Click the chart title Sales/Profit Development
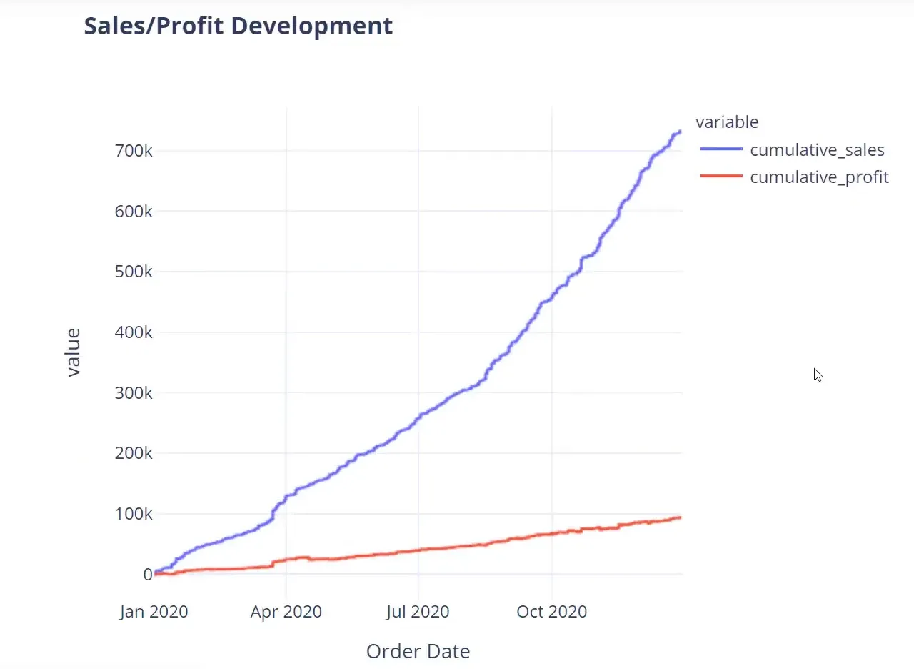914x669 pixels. (x=238, y=26)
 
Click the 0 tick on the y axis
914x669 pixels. (x=147, y=574)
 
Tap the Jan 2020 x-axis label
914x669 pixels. (x=154, y=612)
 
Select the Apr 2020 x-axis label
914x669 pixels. (x=286, y=612)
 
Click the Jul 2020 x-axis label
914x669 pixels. (x=418, y=612)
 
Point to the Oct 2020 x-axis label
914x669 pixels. (x=551, y=612)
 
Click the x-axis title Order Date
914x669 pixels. (x=418, y=651)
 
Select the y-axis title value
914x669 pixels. (x=73, y=352)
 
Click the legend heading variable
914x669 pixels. (x=727, y=122)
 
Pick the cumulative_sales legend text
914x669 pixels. (x=817, y=150)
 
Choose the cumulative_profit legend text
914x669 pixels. (x=819, y=177)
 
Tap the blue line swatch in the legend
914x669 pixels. (x=721, y=150)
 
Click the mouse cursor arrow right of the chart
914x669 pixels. (x=817, y=374)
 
